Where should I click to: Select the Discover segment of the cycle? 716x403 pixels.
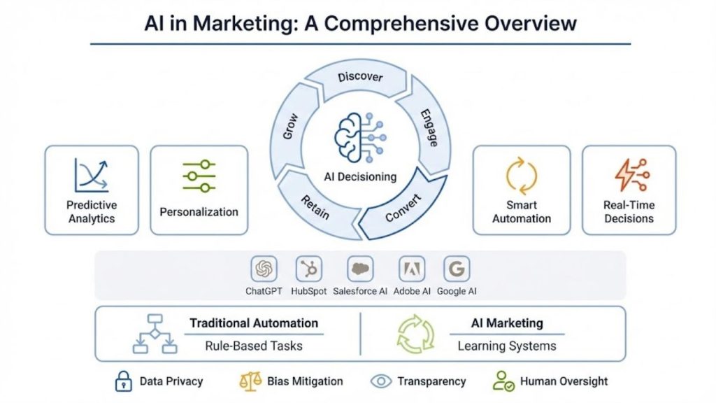point(360,78)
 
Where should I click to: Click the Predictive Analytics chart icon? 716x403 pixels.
point(92,175)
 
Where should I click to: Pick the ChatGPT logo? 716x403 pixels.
point(264,269)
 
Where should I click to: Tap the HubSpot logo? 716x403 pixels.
point(308,269)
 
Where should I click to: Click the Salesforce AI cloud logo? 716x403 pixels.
point(360,269)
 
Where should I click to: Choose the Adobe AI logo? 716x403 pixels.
point(412,269)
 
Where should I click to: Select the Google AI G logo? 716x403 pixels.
point(457,269)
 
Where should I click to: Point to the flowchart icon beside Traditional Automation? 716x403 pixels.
point(155,334)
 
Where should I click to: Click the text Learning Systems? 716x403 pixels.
point(507,346)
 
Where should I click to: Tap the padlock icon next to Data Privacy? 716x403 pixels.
point(122,381)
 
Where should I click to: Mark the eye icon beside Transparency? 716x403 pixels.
point(381,381)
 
